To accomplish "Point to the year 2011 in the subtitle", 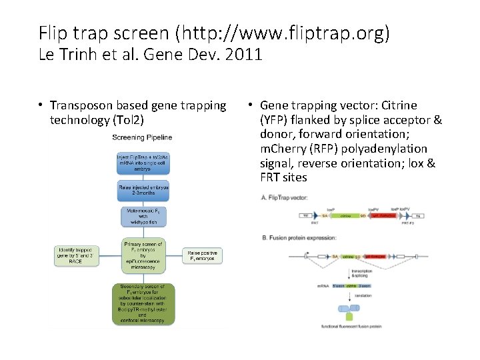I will click(x=245, y=55).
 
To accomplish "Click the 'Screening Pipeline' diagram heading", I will click(x=142, y=137).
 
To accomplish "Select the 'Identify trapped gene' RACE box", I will click(x=77, y=256).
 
